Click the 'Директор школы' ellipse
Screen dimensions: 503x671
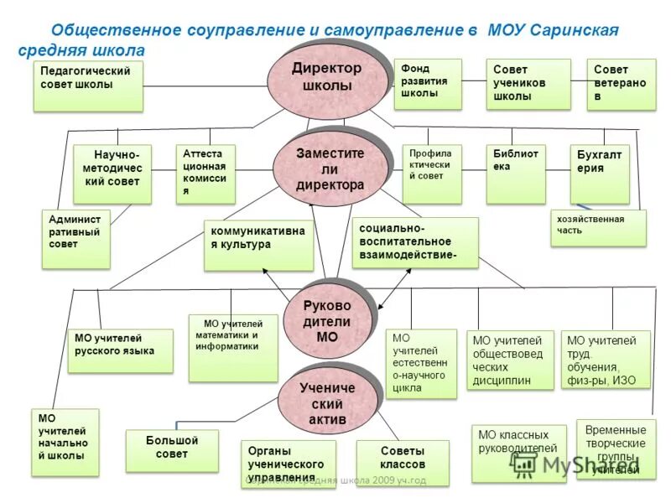tap(328, 79)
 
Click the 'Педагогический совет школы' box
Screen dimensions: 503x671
tap(88, 86)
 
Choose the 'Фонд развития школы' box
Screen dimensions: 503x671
tap(428, 84)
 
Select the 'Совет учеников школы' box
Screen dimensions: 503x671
tap(528, 84)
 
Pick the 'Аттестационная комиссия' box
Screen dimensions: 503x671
tap(205, 174)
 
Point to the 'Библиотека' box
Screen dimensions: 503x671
tap(516, 174)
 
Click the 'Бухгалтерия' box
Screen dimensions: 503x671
tap(599, 174)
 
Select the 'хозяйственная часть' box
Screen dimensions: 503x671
tap(598, 227)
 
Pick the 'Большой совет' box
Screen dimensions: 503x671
tap(171, 450)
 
